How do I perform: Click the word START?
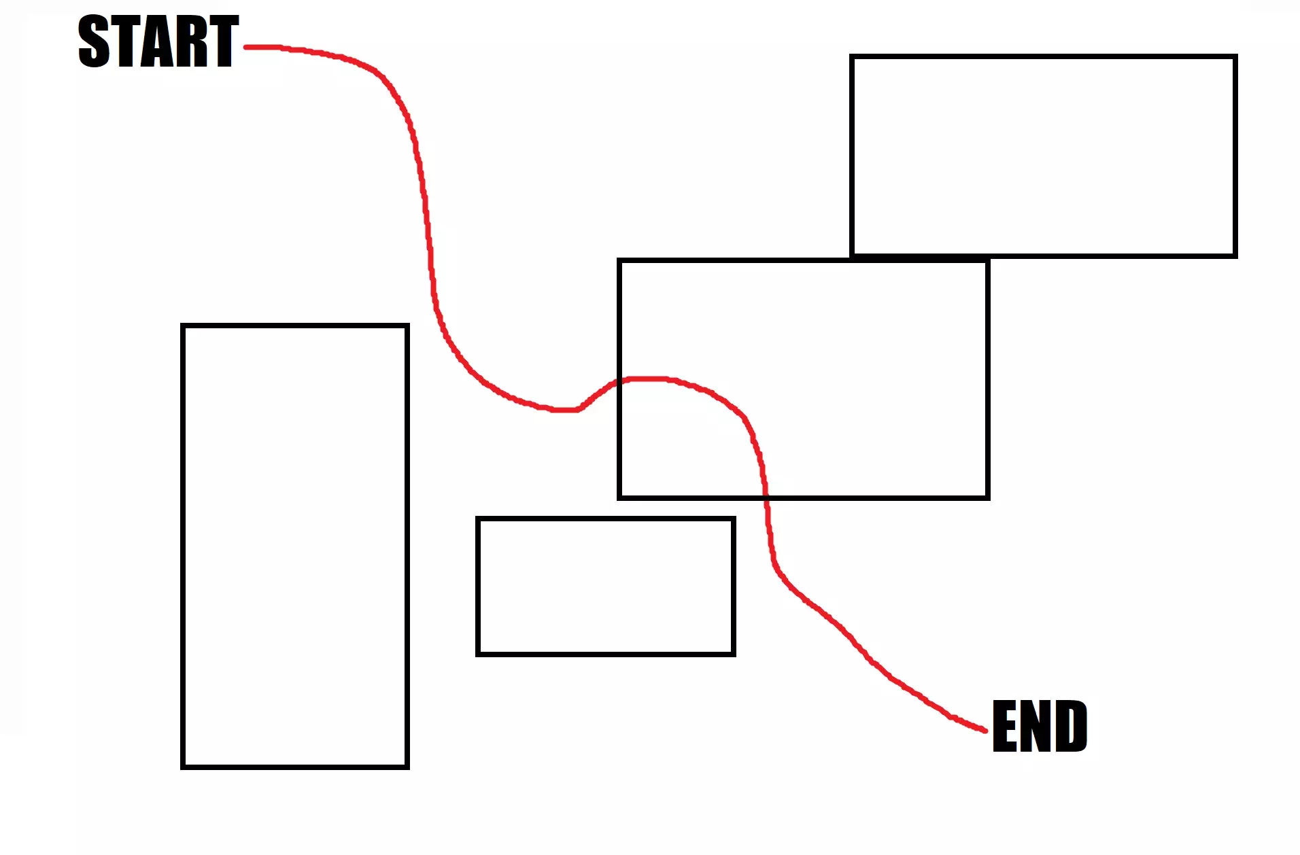(x=158, y=42)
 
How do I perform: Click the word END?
(x=1040, y=727)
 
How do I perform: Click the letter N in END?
(x=1039, y=727)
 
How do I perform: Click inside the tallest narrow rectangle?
(x=294, y=546)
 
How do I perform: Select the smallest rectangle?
(x=605, y=587)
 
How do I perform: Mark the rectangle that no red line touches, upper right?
(x=1043, y=156)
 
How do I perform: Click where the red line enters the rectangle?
(x=619, y=382)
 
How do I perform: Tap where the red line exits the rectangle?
(x=766, y=498)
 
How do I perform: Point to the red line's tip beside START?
(x=246, y=47)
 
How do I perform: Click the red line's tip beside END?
(x=985, y=731)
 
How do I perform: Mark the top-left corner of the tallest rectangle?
(x=183, y=326)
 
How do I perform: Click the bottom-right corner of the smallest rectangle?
(x=734, y=654)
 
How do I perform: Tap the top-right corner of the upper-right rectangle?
(x=1235, y=56)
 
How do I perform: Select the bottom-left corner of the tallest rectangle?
(x=183, y=767)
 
